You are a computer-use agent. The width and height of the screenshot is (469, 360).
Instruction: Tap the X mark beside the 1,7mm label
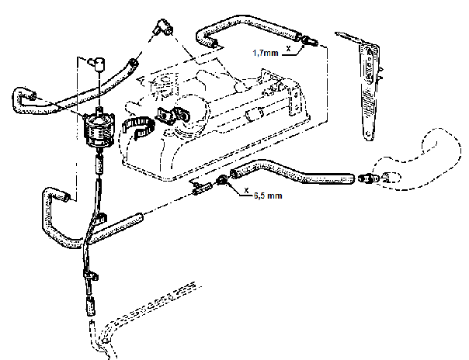click(288, 48)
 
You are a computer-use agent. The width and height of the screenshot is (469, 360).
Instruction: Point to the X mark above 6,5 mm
click(246, 189)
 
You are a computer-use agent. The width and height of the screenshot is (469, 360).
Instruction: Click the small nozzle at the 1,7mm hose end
click(311, 40)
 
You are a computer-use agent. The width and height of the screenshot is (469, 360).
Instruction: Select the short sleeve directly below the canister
click(98, 166)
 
